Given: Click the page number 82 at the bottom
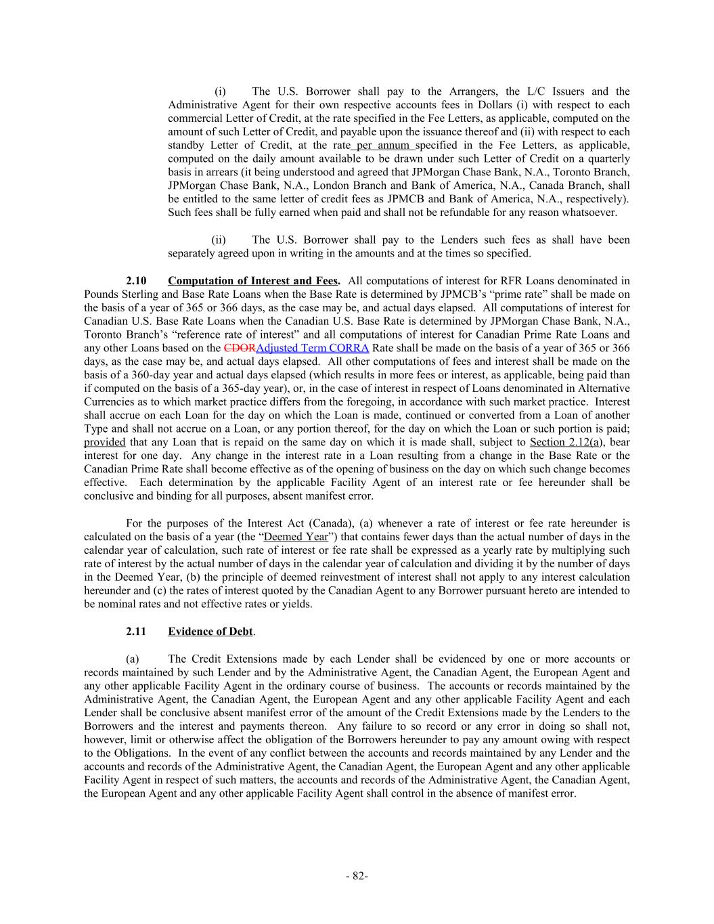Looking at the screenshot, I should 357,876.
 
